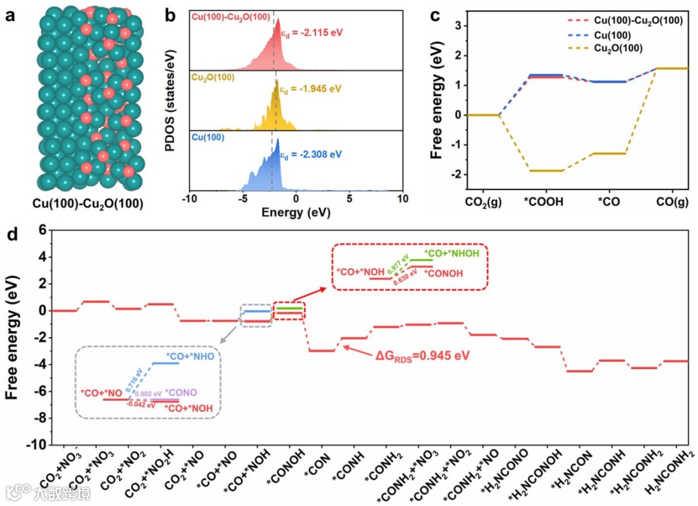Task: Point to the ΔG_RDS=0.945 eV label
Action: pos(423,355)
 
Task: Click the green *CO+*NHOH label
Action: pos(452,253)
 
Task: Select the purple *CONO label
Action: pos(181,392)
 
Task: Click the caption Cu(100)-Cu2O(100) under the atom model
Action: pos(88,203)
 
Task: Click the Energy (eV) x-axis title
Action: pos(295,211)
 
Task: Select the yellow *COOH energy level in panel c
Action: pos(546,171)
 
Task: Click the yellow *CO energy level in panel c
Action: pos(609,153)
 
